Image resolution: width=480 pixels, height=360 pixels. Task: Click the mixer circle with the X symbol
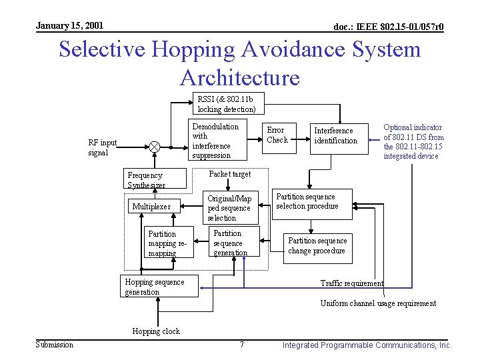[155, 147]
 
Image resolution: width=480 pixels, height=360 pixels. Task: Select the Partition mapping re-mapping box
[169, 243]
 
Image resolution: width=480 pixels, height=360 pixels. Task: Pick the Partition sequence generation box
[231, 243]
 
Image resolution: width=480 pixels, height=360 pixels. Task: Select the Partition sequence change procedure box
[318, 246]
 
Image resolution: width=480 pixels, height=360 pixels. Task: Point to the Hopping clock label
[156, 331]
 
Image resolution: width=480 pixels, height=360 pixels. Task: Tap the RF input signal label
[103, 147]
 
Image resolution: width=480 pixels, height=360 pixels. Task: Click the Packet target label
[230, 174]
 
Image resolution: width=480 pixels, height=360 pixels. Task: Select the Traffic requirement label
[352, 283]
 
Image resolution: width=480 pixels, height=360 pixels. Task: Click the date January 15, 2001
[69, 25]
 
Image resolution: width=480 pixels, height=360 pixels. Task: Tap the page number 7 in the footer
[241, 345]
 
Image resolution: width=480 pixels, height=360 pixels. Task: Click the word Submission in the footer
[55, 345]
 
